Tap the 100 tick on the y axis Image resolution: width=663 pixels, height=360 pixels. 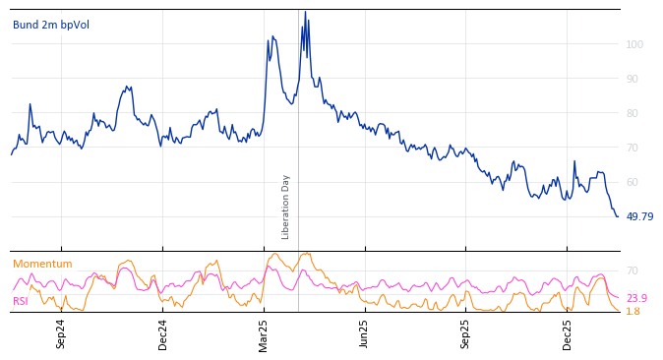click(635, 44)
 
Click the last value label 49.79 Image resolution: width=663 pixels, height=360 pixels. click(639, 216)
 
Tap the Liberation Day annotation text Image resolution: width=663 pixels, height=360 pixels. click(286, 207)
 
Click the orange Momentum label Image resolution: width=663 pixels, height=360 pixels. click(42, 264)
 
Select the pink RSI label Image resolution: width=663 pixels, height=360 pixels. click(21, 301)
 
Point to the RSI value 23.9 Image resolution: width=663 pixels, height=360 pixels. click(636, 298)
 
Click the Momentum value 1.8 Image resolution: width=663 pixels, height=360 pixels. click(633, 311)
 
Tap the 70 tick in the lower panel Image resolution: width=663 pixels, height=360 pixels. click(633, 270)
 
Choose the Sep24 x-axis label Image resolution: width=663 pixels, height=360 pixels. click(61, 333)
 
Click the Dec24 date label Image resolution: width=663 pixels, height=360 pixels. click(162, 333)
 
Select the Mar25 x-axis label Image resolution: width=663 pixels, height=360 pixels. click(264, 333)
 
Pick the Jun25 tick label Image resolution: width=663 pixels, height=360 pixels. click(364, 333)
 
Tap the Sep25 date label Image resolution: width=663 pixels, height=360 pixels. click(465, 333)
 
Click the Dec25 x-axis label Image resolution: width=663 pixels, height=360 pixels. click(567, 333)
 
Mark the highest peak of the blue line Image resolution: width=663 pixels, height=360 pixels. click(305, 12)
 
